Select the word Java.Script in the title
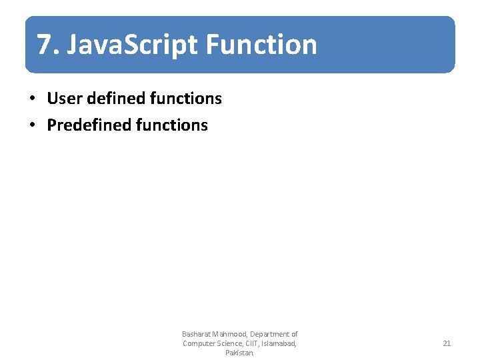click(x=133, y=45)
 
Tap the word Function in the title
click(x=261, y=45)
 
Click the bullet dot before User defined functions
click(x=31, y=99)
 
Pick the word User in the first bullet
click(x=62, y=99)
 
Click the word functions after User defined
click(x=186, y=99)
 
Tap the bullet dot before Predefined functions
click(x=31, y=125)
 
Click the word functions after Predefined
click(x=172, y=125)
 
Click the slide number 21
click(x=447, y=343)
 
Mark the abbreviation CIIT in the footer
click(x=255, y=343)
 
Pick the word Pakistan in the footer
click(x=239, y=353)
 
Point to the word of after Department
click(x=294, y=334)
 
